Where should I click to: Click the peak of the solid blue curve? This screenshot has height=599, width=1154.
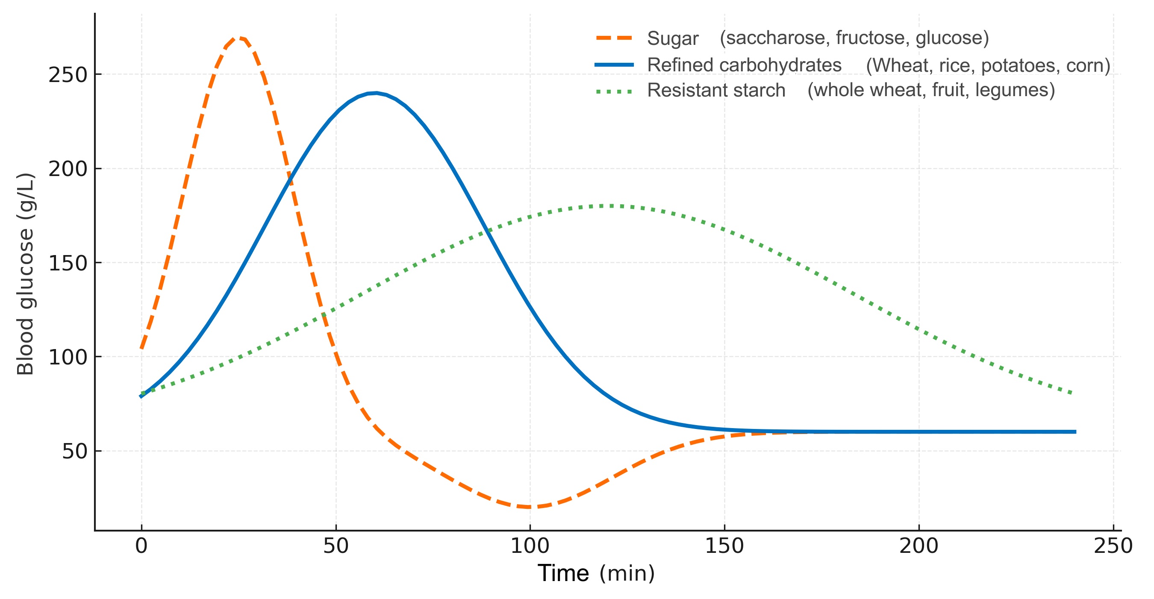375,93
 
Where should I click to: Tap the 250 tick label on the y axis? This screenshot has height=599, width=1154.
68,75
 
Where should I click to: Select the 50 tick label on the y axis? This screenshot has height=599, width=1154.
74,451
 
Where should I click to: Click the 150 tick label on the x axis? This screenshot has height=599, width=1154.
724,546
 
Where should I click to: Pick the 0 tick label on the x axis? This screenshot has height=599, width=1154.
141,546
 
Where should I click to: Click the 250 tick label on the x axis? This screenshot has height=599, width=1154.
1113,546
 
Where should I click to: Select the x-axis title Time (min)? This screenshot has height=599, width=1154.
596,573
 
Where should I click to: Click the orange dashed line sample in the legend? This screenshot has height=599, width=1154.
614,38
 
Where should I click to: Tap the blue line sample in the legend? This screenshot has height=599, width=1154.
614,65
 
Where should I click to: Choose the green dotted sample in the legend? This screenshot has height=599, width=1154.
614,91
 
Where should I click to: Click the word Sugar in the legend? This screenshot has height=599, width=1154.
672,38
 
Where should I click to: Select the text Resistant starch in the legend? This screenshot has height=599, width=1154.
716,90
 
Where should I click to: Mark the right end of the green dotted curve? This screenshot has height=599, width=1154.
1071,393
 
